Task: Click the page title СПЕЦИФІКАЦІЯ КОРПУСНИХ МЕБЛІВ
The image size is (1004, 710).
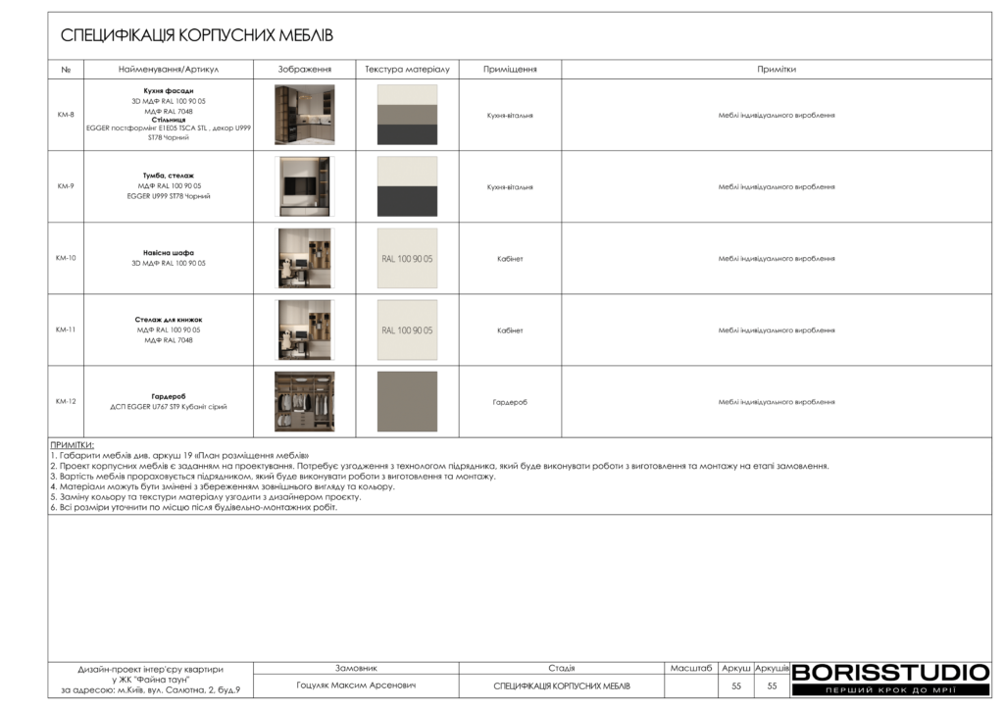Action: (x=197, y=36)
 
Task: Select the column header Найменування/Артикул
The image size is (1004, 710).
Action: (x=168, y=70)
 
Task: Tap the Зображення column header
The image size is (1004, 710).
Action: (x=304, y=70)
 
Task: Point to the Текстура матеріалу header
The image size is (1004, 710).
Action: (x=407, y=70)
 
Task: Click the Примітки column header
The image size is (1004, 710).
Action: (x=776, y=70)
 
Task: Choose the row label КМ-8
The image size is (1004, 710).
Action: (x=66, y=115)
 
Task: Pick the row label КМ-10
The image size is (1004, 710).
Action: (x=66, y=258)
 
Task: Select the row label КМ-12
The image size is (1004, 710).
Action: (x=66, y=401)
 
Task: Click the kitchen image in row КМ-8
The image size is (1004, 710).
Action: (x=304, y=115)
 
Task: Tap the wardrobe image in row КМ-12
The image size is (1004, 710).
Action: (x=304, y=401)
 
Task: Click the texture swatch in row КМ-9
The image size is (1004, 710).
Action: (x=407, y=186)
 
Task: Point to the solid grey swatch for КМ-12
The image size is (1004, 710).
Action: (x=407, y=401)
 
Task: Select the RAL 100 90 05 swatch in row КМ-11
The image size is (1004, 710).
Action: (x=407, y=330)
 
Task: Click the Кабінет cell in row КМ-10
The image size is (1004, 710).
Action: (x=510, y=259)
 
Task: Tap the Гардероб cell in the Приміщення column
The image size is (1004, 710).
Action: (x=510, y=402)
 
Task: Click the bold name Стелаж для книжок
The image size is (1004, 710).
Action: (x=168, y=320)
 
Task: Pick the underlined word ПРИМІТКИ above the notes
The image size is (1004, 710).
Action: (x=72, y=444)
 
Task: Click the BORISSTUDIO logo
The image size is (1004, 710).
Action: (x=890, y=673)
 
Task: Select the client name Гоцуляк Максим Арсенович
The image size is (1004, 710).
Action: (x=356, y=685)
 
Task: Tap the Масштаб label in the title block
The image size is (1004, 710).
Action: (x=691, y=668)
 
